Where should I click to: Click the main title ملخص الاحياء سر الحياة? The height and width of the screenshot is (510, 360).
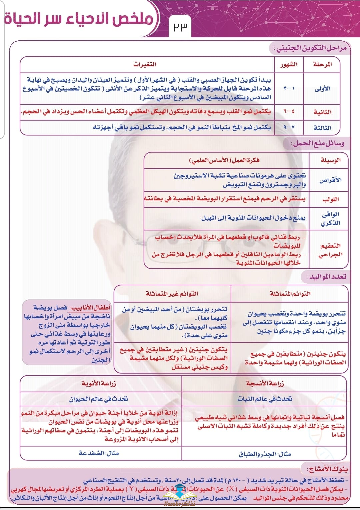[79, 19]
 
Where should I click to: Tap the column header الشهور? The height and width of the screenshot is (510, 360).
[289, 65]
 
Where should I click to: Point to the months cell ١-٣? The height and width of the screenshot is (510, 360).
[289, 89]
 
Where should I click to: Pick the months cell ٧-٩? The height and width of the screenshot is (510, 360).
[289, 127]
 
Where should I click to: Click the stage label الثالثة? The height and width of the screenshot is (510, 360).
[322, 128]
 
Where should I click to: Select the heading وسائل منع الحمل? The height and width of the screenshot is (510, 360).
[318, 144]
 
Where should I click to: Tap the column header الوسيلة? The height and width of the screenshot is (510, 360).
[330, 160]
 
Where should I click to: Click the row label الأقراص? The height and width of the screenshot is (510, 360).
[330, 180]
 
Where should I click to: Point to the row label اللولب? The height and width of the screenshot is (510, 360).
[330, 199]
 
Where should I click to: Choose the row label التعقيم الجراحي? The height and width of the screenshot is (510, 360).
[330, 250]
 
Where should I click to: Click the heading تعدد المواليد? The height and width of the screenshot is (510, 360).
[327, 277]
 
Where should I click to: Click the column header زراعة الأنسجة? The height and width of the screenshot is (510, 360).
[265, 383]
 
